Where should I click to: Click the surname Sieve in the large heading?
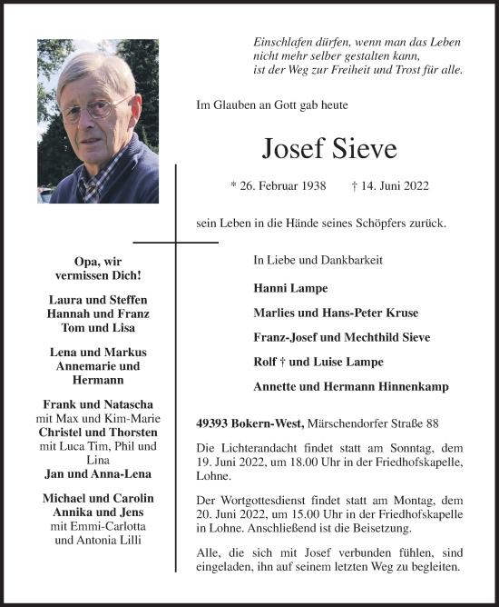pos(363,147)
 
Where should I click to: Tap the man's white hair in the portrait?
pos(91,68)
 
